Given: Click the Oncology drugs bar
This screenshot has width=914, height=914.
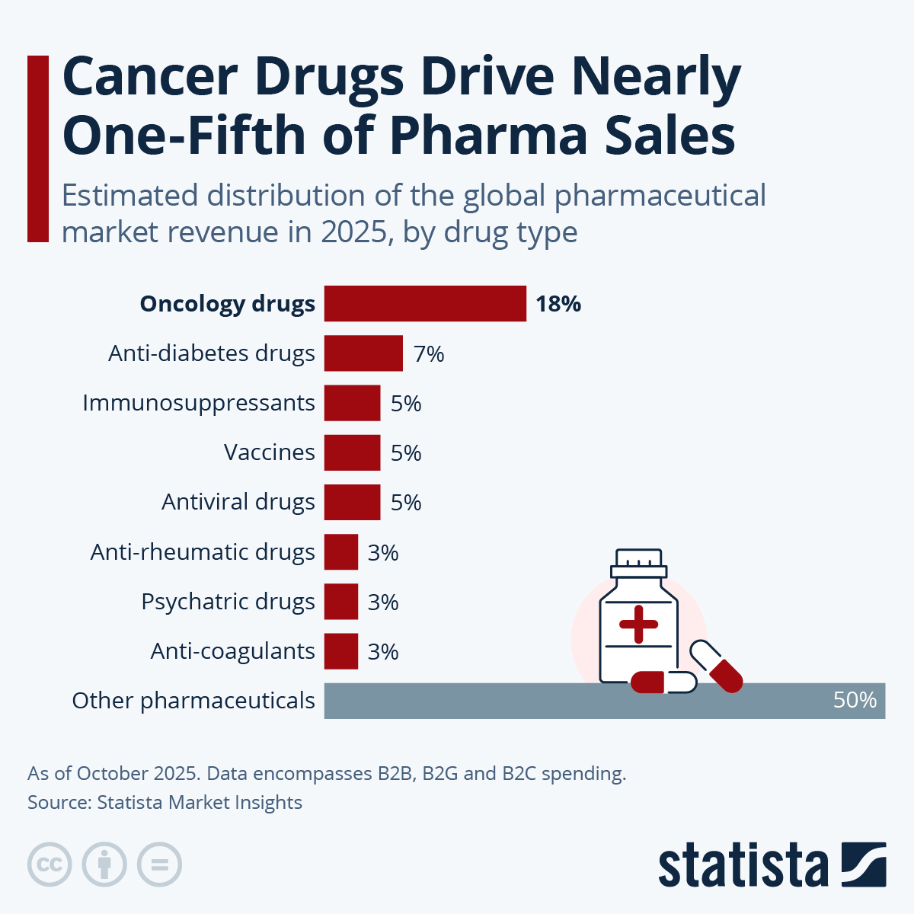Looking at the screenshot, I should tap(425, 304).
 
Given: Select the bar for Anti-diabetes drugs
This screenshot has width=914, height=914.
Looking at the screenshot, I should tap(363, 353).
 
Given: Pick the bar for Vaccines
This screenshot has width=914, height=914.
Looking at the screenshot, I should tap(352, 452).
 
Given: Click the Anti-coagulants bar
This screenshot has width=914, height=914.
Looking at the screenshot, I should tap(340, 651).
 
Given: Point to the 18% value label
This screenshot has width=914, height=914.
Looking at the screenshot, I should tap(558, 304).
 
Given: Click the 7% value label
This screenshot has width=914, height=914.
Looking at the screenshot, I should tap(429, 354).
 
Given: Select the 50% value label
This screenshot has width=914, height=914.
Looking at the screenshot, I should tap(855, 700).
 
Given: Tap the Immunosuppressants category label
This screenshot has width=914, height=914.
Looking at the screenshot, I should tap(199, 403).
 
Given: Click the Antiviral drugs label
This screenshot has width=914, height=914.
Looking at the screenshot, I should tap(238, 502).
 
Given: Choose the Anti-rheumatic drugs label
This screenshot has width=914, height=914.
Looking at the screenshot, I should tap(203, 552).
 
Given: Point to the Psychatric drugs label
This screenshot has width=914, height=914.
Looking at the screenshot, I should tap(228, 602).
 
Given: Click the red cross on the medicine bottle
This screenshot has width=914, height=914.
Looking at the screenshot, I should tap(638, 625).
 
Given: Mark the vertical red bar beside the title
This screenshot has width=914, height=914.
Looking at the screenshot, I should tap(38, 149).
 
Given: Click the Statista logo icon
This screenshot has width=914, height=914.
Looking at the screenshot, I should tap(864, 864).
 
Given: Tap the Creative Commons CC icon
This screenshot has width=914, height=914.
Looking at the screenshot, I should tap(50, 864).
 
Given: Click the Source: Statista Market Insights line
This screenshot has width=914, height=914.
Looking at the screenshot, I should tap(165, 803).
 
